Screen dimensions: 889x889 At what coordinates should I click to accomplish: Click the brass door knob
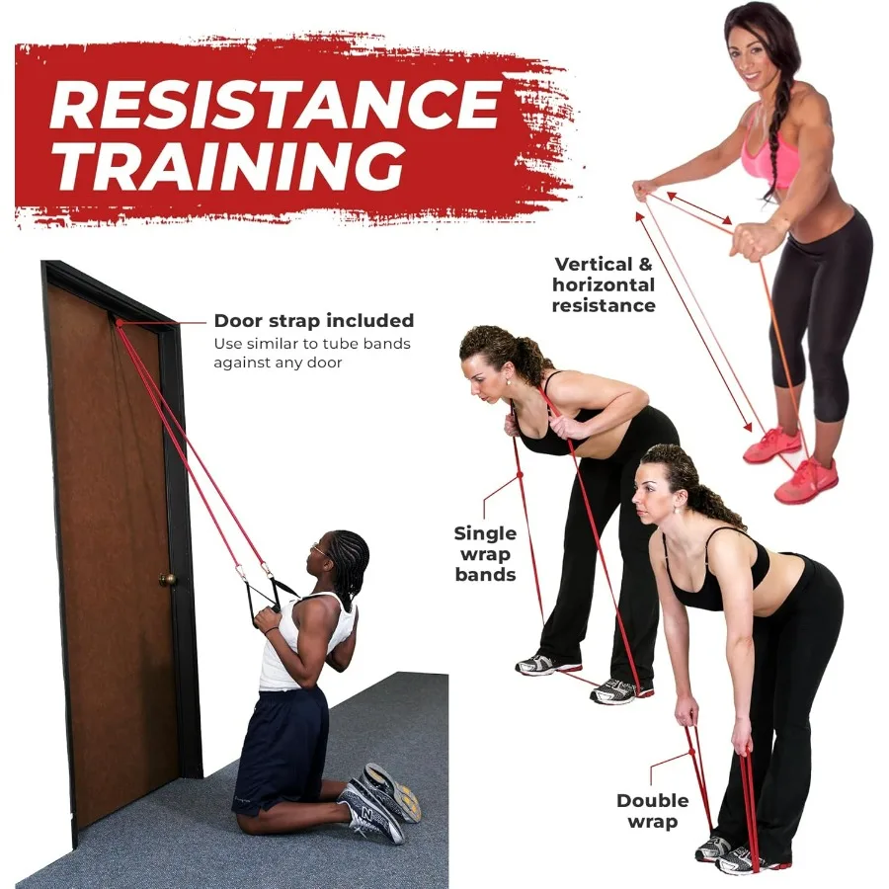tap(168, 579)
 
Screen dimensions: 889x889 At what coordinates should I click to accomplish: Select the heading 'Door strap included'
tap(313, 321)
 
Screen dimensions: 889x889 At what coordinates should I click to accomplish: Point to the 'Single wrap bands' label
tap(485, 553)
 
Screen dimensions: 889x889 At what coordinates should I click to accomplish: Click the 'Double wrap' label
tap(652, 810)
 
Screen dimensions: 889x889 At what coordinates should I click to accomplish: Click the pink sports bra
tap(769, 158)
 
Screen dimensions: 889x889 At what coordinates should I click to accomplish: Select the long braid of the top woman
tap(781, 128)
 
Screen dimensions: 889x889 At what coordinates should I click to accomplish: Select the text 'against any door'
tap(278, 363)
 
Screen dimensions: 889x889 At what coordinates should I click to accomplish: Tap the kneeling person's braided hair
tap(349, 558)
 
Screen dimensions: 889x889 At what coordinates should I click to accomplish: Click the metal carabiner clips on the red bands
tap(252, 571)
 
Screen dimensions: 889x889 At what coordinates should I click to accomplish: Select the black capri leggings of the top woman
tap(816, 306)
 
